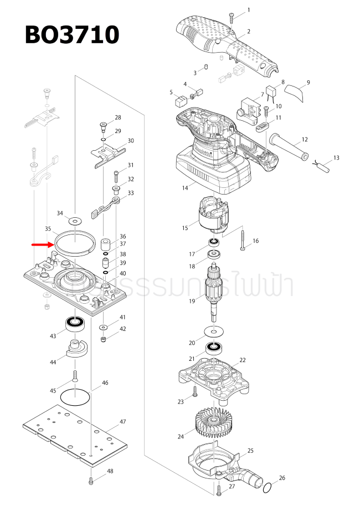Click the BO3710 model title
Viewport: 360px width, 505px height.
click(72, 35)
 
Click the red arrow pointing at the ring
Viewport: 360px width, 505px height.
click(42, 244)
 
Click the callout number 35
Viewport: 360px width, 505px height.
click(48, 228)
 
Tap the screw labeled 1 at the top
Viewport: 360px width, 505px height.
click(233, 15)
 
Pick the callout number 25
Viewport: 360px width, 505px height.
click(250, 450)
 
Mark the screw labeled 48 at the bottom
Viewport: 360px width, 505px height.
click(91, 481)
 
